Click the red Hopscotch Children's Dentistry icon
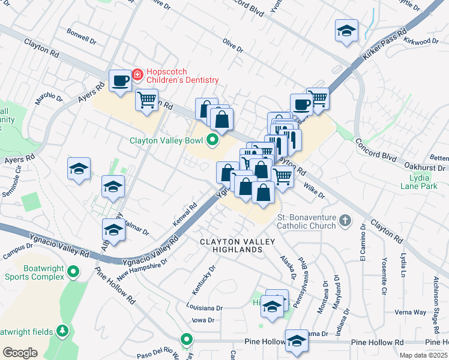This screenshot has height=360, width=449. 137,74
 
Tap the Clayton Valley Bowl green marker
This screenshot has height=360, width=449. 212,142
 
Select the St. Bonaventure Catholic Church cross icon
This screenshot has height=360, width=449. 345,221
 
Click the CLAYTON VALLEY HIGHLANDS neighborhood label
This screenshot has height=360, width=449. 237,246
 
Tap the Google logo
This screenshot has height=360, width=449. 20,352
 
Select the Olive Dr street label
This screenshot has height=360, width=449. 232,46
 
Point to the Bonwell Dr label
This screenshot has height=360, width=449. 82,36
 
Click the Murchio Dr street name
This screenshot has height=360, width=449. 48,99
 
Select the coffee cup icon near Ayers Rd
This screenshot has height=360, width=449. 120,80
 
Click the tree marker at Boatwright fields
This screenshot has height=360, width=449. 62,331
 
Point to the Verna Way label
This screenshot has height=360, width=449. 410,313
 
